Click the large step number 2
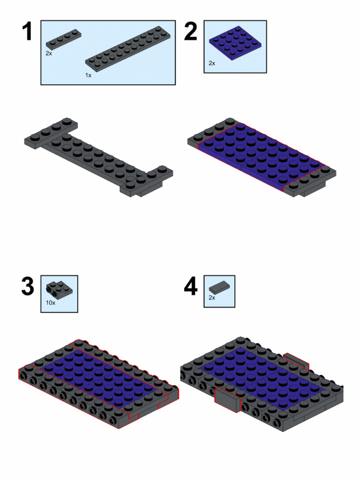tap(191, 32)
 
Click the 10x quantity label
tap(51, 303)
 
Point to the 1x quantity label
tap(89, 75)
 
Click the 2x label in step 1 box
tap(49, 54)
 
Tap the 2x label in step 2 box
tap(212, 63)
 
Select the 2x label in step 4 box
tap(212, 297)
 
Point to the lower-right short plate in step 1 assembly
tap(145, 180)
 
